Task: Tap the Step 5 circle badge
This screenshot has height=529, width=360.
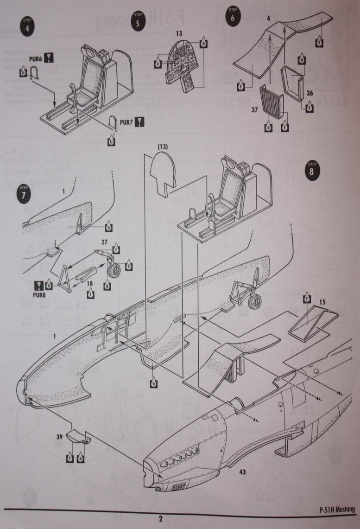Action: [x=137, y=20]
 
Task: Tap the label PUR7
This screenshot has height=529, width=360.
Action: [x=126, y=122]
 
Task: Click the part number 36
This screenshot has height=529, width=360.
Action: [x=309, y=93]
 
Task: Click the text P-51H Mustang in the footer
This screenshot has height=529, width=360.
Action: [x=337, y=509]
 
